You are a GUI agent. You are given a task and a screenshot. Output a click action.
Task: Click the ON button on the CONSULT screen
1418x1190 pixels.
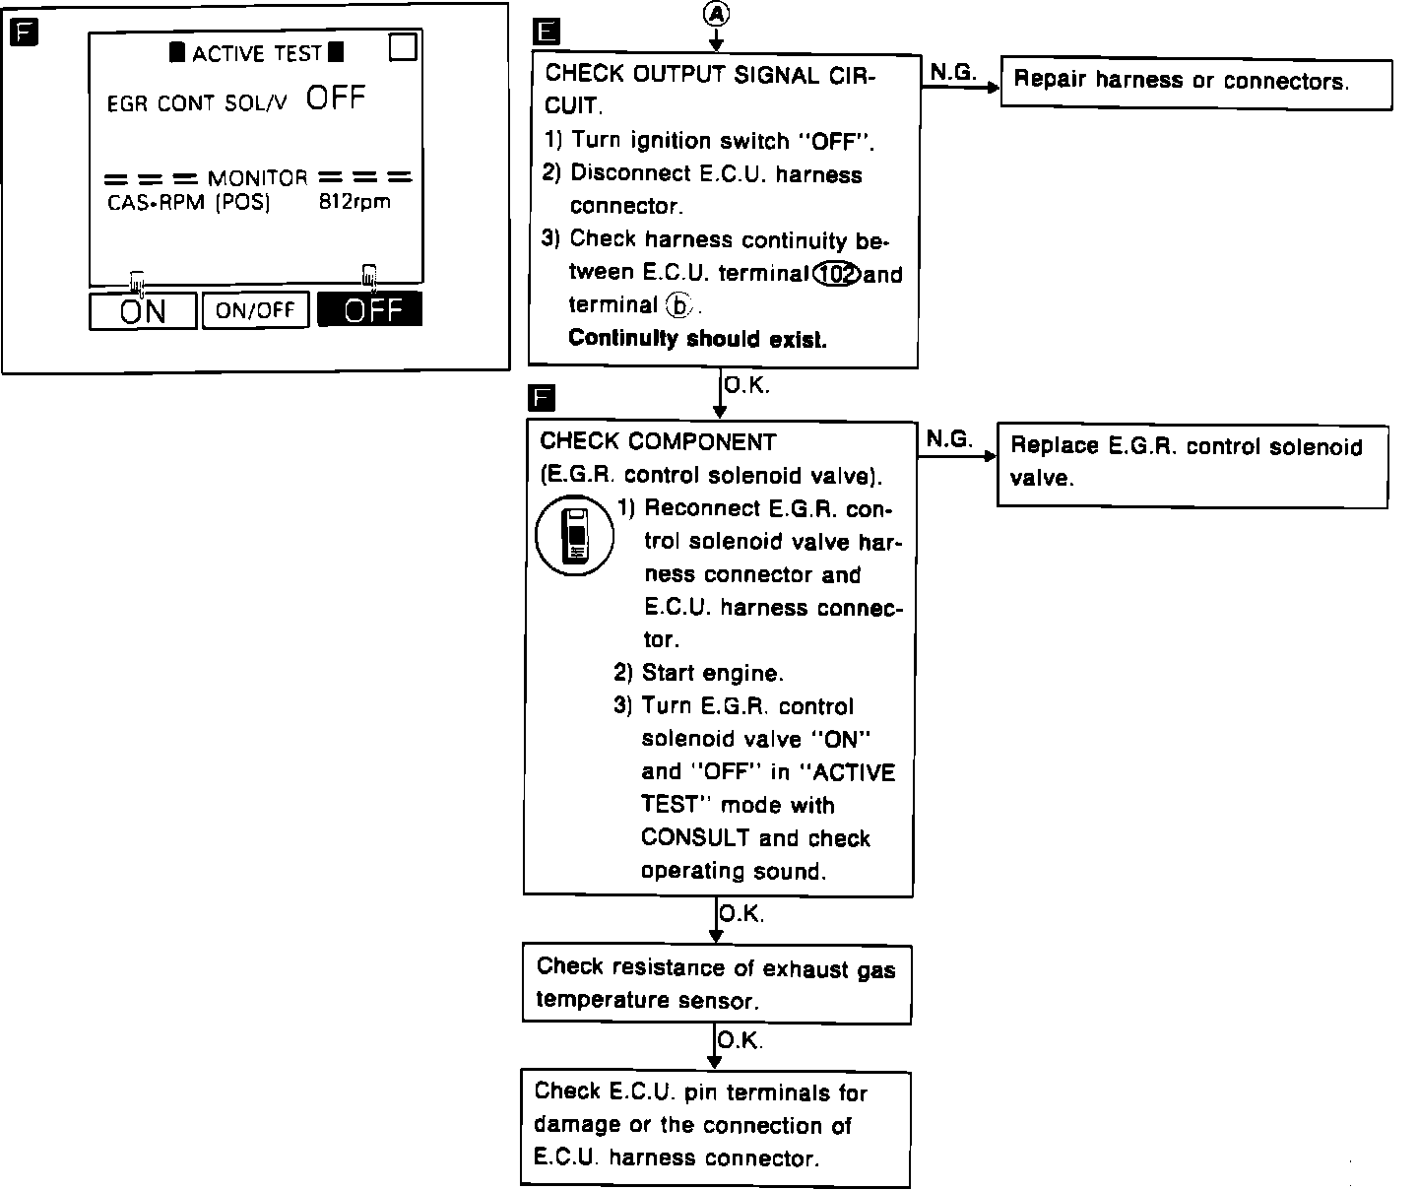pos(143,311)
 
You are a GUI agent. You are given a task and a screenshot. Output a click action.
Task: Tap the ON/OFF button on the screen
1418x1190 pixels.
pos(255,310)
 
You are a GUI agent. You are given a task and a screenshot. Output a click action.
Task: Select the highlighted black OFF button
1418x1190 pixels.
pos(369,310)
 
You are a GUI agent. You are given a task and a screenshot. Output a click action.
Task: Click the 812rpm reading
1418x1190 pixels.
pos(354,202)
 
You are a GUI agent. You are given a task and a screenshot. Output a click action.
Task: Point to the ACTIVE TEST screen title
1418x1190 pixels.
pos(257,53)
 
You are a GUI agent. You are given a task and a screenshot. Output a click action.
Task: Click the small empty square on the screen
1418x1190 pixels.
pos(403,47)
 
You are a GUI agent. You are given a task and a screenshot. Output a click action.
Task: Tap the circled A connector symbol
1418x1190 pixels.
pos(716,13)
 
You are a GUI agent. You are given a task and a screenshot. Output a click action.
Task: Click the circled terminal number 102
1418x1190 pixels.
pos(837,274)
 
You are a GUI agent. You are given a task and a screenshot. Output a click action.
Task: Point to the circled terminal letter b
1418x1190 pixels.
pos(678,305)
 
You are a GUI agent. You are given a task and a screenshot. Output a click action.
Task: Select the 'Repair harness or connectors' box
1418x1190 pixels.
pos(1196,83)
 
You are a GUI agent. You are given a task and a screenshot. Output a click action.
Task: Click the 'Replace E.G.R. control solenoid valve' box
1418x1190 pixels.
pos(1192,464)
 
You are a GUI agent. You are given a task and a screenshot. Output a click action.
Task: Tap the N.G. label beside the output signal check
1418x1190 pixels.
pos(952,71)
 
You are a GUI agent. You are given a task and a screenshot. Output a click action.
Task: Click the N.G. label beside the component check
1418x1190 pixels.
pos(949,439)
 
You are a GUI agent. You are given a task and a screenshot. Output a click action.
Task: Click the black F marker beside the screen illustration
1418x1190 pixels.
pos(23,33)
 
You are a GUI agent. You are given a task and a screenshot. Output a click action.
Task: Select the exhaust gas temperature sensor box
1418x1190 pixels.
pos(716,984)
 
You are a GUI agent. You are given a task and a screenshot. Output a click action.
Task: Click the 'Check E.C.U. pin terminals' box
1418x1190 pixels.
pos(715,1126)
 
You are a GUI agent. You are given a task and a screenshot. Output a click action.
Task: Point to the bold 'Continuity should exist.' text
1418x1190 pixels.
pos(697,339)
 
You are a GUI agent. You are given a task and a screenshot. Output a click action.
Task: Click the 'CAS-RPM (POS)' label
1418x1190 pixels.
pos(188,203)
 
